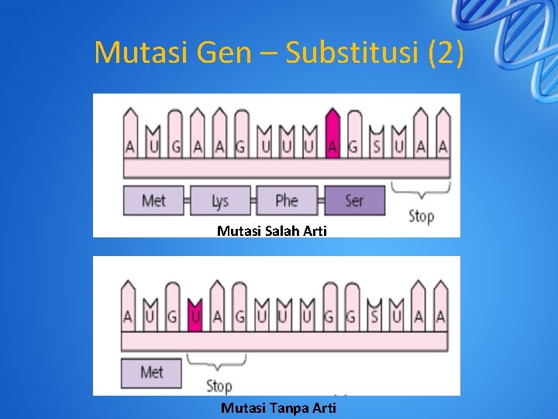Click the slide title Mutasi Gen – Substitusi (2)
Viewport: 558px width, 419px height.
pyautogui.click(x=279, y=53)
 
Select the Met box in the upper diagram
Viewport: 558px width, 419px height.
pyautogui.click(x=153, y=201)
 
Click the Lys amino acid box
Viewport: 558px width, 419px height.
pyautogui.click(x=220, y=201)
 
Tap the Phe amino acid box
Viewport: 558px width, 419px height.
pyautogui.click(x=287, y=201)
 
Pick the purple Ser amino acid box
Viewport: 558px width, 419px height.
pyautogui.click(x=354, y=201)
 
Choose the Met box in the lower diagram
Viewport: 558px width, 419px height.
pyautogui.click(x=152, y=372)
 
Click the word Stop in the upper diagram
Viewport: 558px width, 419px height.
pyautogui.click(x=421, y=216)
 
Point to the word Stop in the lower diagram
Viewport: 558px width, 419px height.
pyautogui.click(x=219, y=386)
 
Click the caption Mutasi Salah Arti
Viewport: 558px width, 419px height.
pyautogui.click(x=272, y=230)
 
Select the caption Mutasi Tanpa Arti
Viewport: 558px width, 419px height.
pyautogui.click(x=278, y=407)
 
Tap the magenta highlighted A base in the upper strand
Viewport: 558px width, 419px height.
pyautogui.click(x=332, y=146)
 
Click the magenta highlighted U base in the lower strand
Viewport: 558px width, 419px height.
pyautogui.click(x=195, y=316)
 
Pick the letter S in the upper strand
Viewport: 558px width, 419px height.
pyautogui.click(x=377, y=146)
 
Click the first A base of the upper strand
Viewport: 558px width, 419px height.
pyautogui.click(x=129, y=146)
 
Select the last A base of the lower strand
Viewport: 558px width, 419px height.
pyautogui.click(x=441, y=316)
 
